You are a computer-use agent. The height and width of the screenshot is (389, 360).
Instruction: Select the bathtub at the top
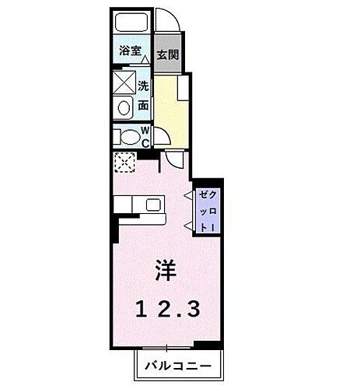130,23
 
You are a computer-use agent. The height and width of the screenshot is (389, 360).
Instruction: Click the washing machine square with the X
124,82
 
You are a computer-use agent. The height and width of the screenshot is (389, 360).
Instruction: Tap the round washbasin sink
124,109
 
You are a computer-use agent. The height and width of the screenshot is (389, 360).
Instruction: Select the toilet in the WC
124,138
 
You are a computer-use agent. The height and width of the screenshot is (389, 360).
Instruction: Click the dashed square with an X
124,163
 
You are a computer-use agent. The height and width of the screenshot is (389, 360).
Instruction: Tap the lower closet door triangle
188,223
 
